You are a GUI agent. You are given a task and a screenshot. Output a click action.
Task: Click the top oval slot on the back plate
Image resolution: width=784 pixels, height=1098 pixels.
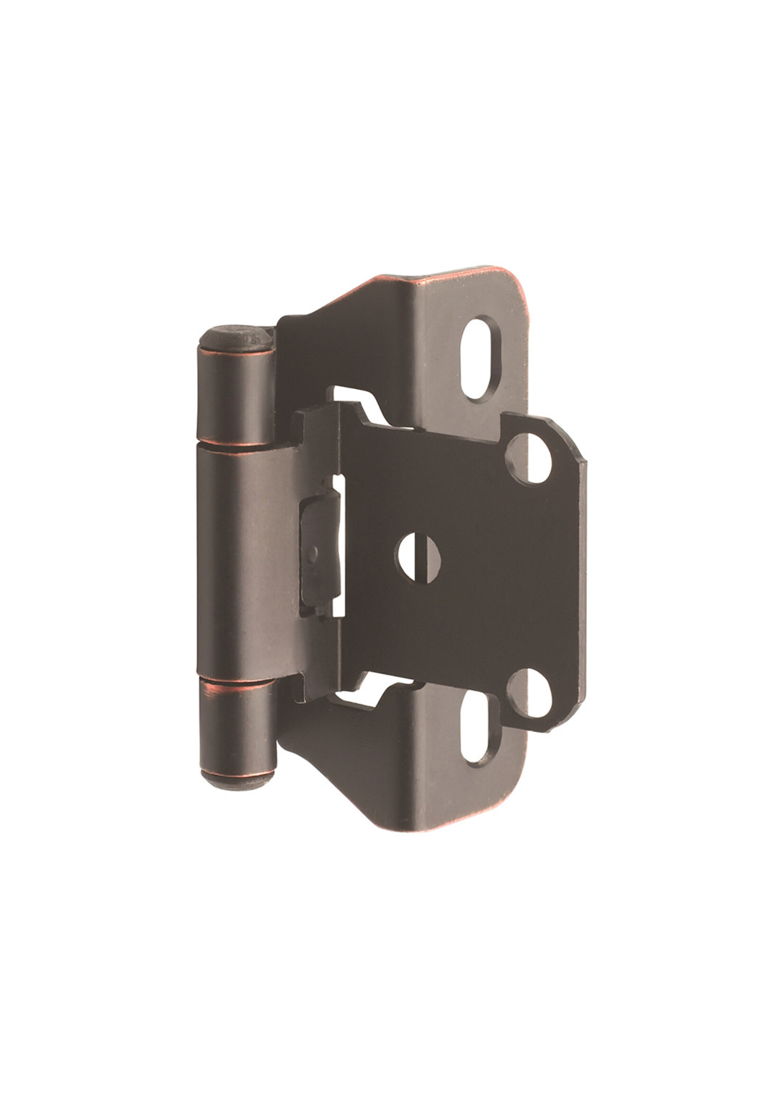481,358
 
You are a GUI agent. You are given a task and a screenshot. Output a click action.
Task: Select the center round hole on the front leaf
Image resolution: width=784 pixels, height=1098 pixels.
418,557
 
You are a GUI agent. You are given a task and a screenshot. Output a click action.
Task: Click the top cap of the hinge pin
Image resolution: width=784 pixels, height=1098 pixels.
235,337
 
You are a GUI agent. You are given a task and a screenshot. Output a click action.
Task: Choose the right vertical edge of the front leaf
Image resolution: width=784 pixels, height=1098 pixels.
586,574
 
